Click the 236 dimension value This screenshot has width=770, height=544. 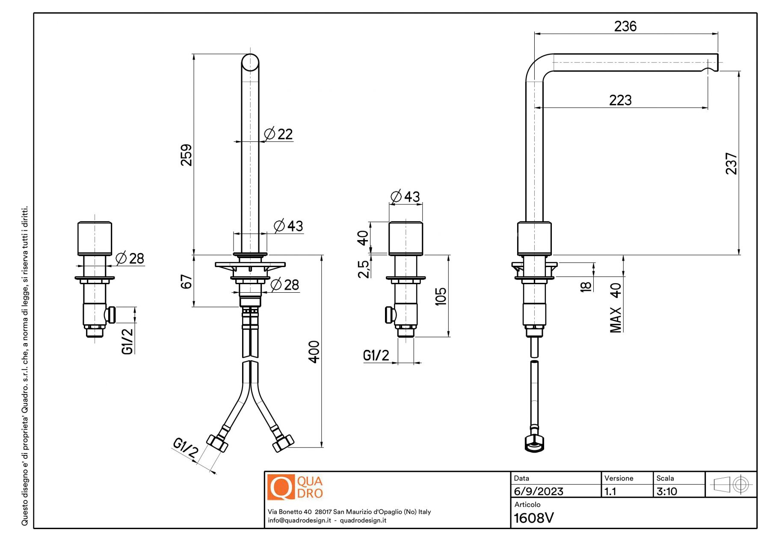625,26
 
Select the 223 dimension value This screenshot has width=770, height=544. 620,100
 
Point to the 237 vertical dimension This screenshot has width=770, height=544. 731,164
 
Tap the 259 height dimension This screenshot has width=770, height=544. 187,155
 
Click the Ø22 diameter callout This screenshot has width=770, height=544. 279,134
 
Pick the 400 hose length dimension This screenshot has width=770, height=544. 314,352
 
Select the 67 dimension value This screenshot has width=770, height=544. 187,282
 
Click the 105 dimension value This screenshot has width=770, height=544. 441,296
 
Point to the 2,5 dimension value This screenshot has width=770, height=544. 364,269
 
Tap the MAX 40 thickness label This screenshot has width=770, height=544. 616,308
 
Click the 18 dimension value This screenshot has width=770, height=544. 586,286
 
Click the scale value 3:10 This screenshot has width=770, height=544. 667,491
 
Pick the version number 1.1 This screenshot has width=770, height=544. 610,491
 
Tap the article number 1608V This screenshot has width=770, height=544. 533,518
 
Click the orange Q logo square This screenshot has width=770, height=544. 281,487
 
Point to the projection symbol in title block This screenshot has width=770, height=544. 731,485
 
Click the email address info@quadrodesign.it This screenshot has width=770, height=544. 299,520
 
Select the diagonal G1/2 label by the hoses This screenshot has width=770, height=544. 186,447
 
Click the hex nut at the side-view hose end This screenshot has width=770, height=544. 534,444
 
